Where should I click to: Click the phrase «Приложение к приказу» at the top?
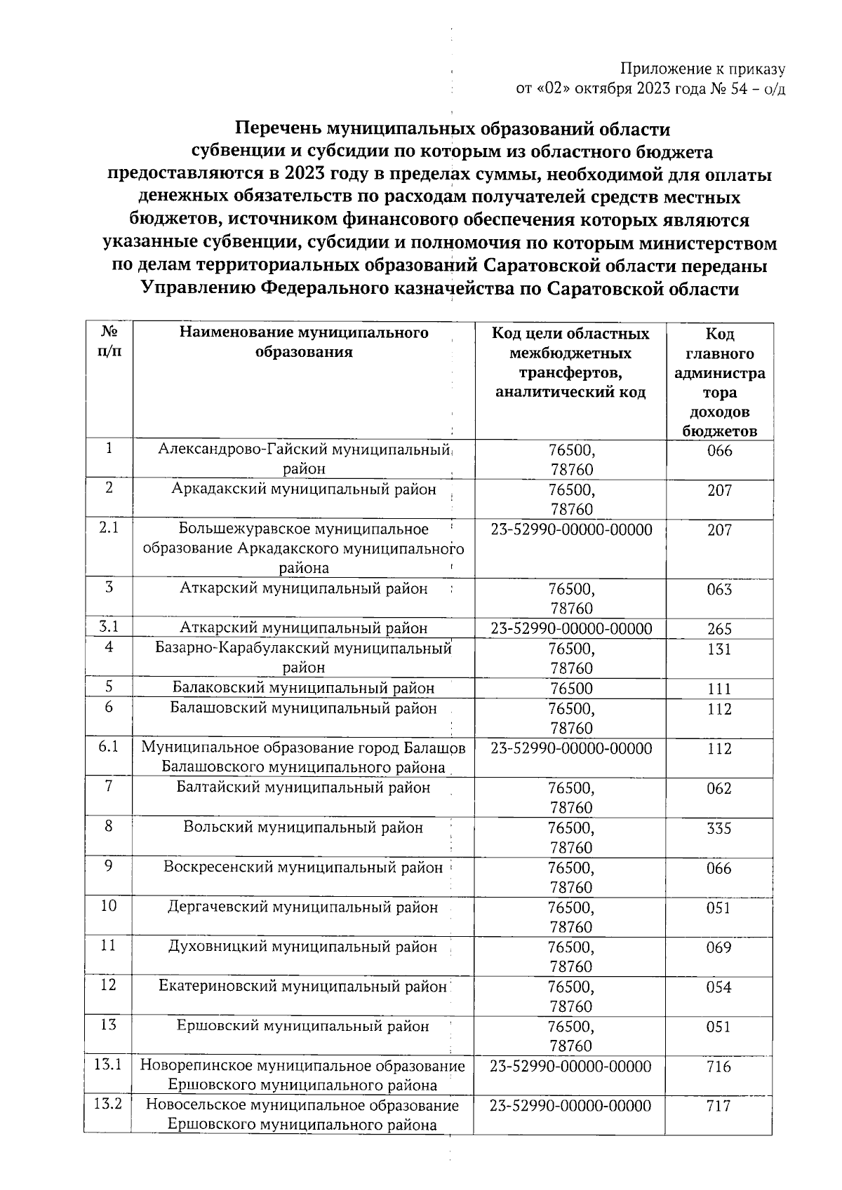click(x=702, y=69)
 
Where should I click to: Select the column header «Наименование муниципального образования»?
click(x=303, y=342)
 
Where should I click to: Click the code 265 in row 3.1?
click(x=719, y=629)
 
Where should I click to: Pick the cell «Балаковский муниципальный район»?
click(x=303, y=688)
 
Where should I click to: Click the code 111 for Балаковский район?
click(x=719, y=689)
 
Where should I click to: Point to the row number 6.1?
click(x=108, y=748)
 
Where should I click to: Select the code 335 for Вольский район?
click(x=719, y=828)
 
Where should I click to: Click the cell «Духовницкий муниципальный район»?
click(x=303, y=947)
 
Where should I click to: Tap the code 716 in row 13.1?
click(x=719, y=1067)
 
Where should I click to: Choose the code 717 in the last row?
click(x=719, y=1107)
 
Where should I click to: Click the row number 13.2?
click(x=108, y=1105)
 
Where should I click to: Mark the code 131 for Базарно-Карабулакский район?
click(x=719, y=649)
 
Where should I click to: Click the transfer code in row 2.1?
click(x=571, y=529)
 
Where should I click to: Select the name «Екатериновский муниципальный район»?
click(x=303, y=987)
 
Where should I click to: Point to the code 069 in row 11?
click(x=719, y=948)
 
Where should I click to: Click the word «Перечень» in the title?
click(x=270, y=129)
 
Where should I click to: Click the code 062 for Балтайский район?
click(x=719, y=788)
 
